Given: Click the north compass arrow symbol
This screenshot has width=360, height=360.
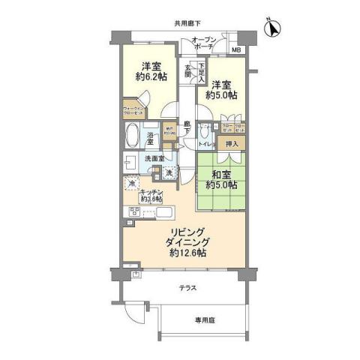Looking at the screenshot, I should tap(273, 28).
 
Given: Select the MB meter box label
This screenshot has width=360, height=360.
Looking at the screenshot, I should tap(236, 50).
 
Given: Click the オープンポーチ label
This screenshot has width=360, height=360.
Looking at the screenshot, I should tap(205, 43).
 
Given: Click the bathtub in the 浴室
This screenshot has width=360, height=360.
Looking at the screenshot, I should tap(133, 136).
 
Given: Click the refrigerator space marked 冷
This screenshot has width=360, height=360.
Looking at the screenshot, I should tap(131, 183).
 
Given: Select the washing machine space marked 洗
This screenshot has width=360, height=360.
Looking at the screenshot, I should tap(169, 173).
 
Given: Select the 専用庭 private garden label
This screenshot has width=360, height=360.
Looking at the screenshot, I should tap(205, 319).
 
